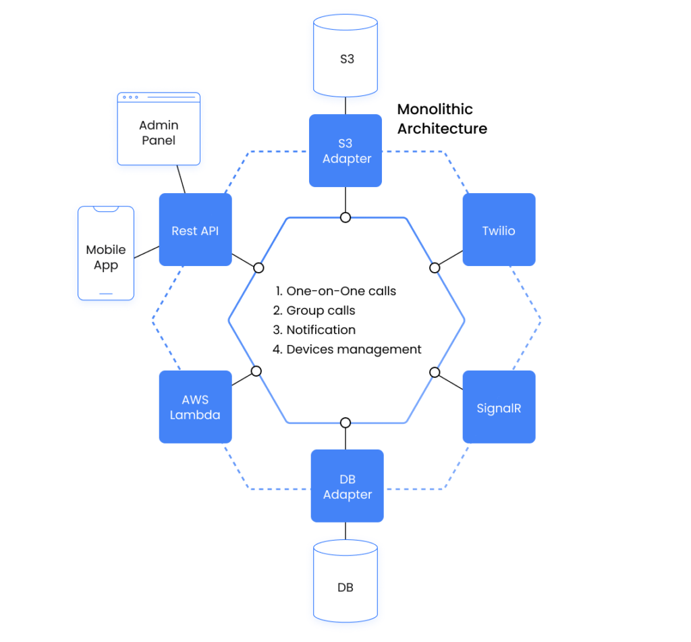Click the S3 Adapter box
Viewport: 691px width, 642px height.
coord(345,151)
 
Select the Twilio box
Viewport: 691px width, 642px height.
coord(499,230)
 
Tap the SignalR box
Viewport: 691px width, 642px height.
coord(499,407)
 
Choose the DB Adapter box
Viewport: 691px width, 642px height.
coord(347,486)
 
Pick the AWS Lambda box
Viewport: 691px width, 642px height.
coord(195,407)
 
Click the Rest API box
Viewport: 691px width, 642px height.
coord(195,230)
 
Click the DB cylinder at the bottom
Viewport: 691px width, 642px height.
coord(345,585)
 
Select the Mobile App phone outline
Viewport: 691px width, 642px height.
coord(106,253)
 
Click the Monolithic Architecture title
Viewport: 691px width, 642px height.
coord(441,119)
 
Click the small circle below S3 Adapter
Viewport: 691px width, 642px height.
coord(345,217)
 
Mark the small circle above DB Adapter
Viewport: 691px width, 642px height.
coord(345,423)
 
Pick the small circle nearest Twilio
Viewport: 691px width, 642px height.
coord(435,268)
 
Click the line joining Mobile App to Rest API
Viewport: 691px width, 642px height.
coord(146,251)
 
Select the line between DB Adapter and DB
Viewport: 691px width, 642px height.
coord(345,530)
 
